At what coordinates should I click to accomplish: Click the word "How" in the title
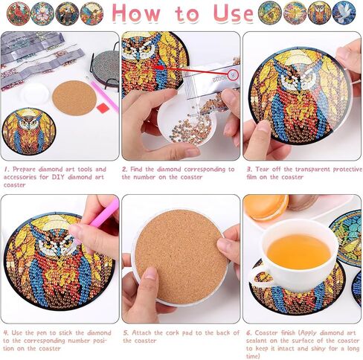click(139, 14)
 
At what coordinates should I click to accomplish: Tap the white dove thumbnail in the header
click(343, 13)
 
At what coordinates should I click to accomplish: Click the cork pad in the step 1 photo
click(74, 97)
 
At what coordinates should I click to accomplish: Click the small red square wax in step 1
click(103, 108)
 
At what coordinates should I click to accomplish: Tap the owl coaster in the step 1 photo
click(28, 132)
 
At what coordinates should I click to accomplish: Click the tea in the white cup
click(299, 251)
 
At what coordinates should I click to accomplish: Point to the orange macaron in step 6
click(266, 208)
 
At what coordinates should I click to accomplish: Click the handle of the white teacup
click(257, 277)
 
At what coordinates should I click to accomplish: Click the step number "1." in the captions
click(5, 170)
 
